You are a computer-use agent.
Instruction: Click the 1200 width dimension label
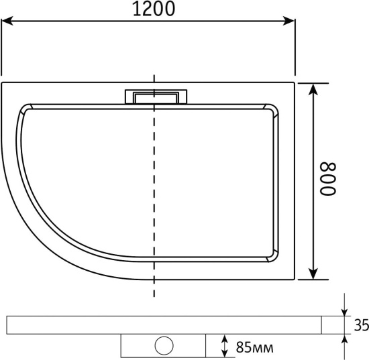tap(154, 9)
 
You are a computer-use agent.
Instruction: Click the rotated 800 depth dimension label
tap(328, 179)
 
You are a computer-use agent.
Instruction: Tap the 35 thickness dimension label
tap(362, 325)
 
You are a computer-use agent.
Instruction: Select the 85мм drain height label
tap(255, 347)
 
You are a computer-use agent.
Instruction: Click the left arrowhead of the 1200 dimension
tap(7, 21)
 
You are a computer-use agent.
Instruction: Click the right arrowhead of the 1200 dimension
tap(289, 21)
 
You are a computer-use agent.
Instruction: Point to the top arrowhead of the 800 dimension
tap(313, 89)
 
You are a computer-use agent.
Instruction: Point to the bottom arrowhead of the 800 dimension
tap(313, 274)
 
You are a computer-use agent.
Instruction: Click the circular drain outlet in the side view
tap(164, 345)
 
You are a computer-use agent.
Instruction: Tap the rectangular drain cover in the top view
tap(156, 97)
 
